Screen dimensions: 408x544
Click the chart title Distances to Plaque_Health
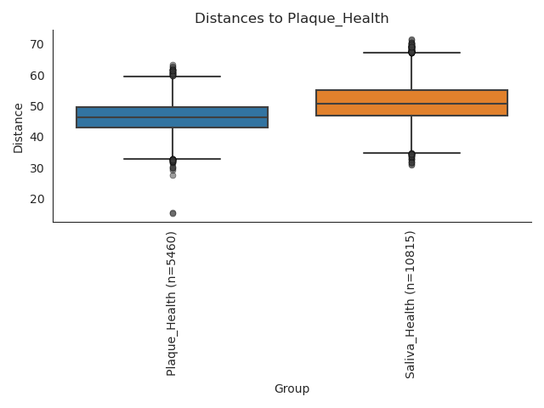pyautogui.click(x=292, y=19)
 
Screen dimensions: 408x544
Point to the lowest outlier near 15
pyautogui.click(x=173, y=213)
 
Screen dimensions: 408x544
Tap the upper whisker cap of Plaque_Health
pyautogui.click(x=172, y=76)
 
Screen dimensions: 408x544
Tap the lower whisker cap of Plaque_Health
pyautogui.click(x=172, y=159)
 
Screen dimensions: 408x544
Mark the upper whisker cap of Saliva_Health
pyautogui.click(x=411, y=53)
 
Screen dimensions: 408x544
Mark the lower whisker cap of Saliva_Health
pyautogui.click(x=411, y=153)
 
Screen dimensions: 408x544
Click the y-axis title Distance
pyautogui.click(x=19, y=127)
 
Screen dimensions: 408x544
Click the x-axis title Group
pyautogui.click(x=292, y=389)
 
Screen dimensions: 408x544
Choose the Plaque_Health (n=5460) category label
pyautogui.click(x=172, y=303)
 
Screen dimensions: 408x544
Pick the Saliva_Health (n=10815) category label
pyautogui.click(x=411, y=304)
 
